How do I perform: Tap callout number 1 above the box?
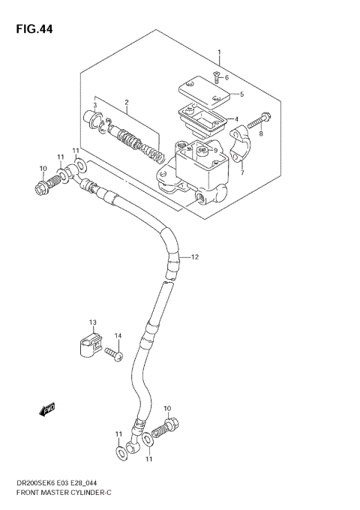click(219, 52)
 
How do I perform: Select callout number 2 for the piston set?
click(127, 102)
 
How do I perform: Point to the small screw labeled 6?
click(216, 76)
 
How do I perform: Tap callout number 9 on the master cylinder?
click(214, 151)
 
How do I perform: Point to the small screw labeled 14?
click(113, 351)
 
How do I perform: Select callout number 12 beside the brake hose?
click(194, 257)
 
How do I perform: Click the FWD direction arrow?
click(46, 409)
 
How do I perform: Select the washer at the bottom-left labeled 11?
click(120, 452)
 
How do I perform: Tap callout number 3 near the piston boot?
click(95, 106)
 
